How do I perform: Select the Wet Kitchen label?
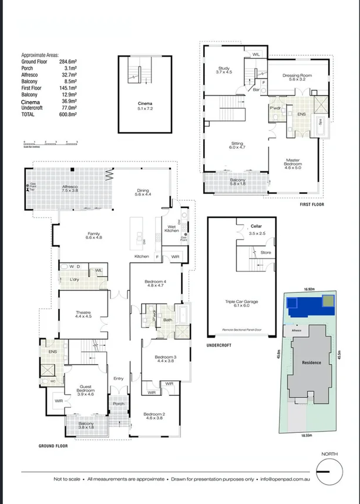tap(171, 228)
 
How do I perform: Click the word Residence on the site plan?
tap(311, 362)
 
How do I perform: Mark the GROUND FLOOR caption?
tap(53, 446)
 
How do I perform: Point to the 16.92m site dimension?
tap(309, 289)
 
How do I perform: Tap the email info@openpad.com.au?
tap(286, 479)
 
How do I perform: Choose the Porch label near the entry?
tap(119, 404)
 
